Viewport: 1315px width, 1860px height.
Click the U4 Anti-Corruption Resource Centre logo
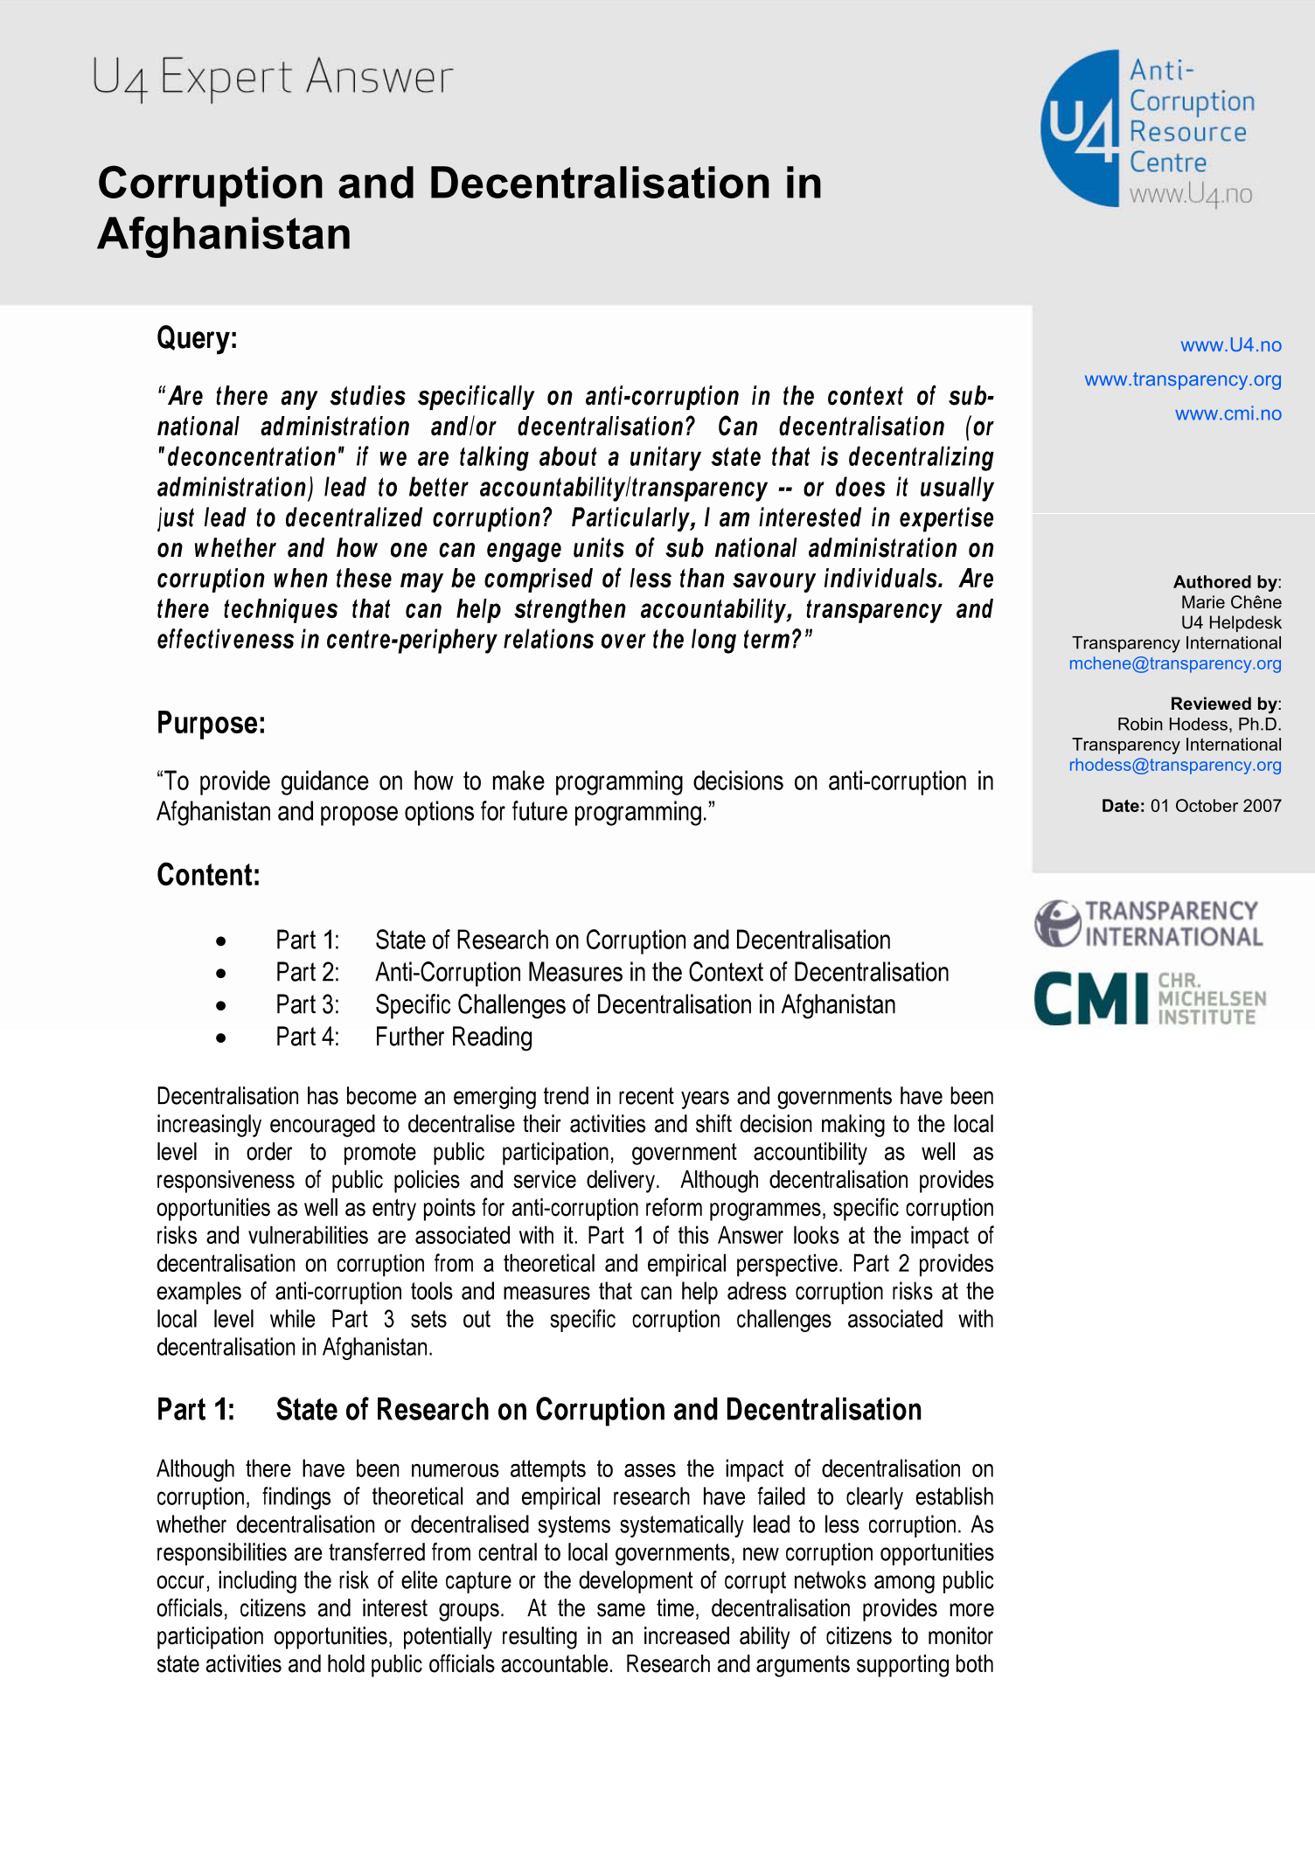click(x=1147, y=129)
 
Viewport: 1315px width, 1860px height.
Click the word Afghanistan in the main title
click(x=225, y=234)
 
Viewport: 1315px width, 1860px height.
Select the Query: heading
click(x=197, y=338)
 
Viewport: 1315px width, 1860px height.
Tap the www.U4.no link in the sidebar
click(x=1230, y=345)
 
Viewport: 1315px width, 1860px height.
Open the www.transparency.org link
click(x=1182, y=379)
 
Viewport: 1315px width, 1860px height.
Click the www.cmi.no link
click(x=1228, y=413)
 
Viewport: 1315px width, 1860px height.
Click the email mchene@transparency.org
click(x=1174, y=663)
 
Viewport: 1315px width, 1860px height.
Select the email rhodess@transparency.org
click(x=1174, y=765)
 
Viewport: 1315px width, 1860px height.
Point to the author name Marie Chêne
click(x=1230, y=602)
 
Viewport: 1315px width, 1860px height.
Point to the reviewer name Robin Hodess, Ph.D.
click(x=1199, y=725)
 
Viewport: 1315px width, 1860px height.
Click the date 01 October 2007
click(x=1215, y=806)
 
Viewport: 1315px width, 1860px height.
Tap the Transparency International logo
click(x=1148, y=924)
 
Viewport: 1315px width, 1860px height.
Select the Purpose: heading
click(x=211, y=724)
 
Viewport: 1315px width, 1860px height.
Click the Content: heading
click(x=208, y=875)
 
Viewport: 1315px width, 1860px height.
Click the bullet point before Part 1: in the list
click(x=221, y=941)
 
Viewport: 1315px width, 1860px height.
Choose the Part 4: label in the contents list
click(x=307, y=1038)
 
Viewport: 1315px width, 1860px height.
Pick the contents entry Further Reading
click(x=453, y=1038)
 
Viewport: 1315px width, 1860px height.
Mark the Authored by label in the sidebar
click(x=1226, y=582)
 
